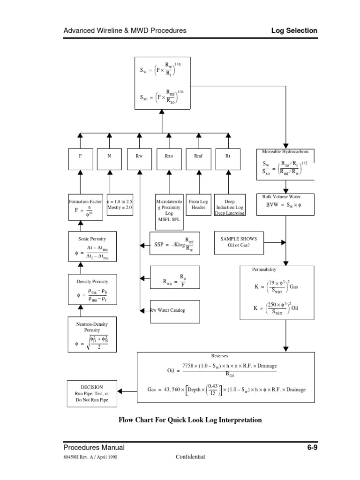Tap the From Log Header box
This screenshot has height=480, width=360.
click(198, 204)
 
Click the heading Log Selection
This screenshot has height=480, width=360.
click(294, 30)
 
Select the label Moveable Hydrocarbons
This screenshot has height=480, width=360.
click(285, 152)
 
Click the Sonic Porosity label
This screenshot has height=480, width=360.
click(92, 239)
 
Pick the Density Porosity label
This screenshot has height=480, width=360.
click(92, 282)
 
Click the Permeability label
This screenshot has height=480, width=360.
click(264, 270)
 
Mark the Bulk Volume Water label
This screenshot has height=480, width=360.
click(285, 197)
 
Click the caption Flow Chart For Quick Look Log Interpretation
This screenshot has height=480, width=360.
click(190, 420)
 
